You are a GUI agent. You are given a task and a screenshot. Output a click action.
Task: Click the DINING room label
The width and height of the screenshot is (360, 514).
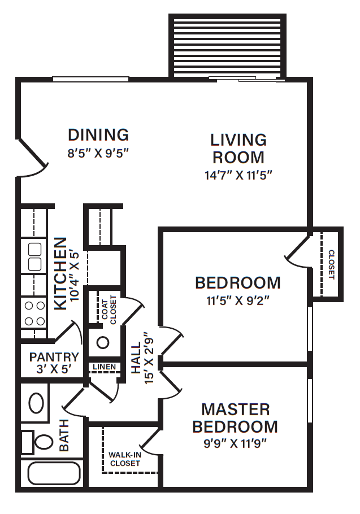coord(98,135)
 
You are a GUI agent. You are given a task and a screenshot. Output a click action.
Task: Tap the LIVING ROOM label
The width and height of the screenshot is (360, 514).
coord(238,148)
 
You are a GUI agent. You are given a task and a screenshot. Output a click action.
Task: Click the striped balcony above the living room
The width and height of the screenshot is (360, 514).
coord(227,46)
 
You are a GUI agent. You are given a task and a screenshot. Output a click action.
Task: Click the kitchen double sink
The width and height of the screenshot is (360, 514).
coord(34,256)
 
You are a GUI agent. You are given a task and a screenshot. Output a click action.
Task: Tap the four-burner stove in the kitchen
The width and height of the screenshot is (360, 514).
coord(34,313)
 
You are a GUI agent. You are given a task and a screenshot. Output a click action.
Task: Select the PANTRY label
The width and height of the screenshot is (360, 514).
coord(54,357)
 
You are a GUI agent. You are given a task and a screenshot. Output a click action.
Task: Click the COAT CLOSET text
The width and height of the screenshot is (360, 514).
coord(109,309)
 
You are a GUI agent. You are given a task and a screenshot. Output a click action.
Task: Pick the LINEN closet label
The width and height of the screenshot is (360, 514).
coord(104,367)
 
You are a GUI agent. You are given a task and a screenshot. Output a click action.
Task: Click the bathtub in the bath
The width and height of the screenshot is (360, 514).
coord(53,473)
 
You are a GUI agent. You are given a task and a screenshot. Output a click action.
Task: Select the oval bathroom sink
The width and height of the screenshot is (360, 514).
coord(37,404)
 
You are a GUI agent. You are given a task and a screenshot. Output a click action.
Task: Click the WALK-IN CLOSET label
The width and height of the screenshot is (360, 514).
coord(124,459)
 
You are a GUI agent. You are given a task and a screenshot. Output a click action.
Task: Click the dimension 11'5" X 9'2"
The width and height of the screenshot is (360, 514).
coord(237,300)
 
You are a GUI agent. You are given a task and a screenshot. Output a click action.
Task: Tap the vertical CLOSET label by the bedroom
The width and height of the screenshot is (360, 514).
coord(331,264)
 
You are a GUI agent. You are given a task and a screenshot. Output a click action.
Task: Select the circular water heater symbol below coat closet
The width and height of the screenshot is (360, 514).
coord(103,342)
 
